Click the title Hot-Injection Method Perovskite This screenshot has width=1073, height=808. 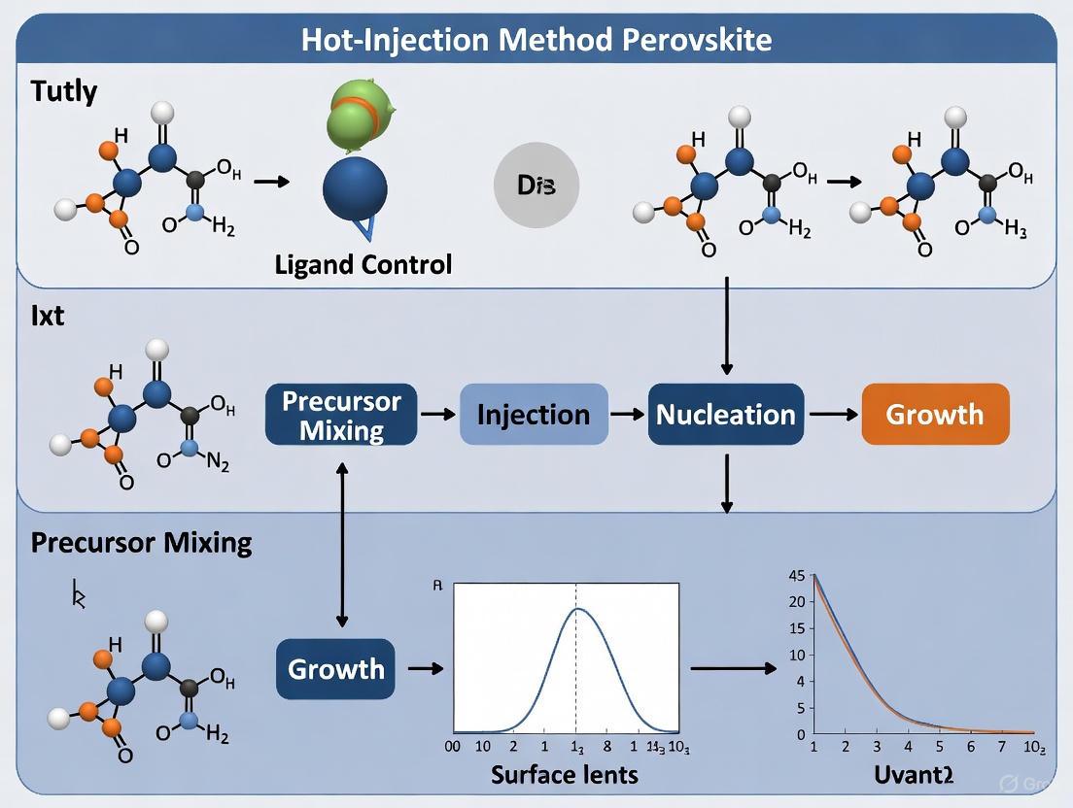click(x=536, y=40)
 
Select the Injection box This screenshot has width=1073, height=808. click(x=534, y=415)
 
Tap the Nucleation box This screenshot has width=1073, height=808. click(x=726, y=415)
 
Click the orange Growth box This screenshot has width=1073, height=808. click(x=935, y=415)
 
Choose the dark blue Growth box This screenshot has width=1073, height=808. click(x=335, y=669)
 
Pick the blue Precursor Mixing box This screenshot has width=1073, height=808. click(x=341, y=415)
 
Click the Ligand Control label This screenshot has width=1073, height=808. click(x=364, y=264)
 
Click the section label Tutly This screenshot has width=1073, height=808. click(x=64, y=92)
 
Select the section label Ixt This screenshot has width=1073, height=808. click(x=47, y=316)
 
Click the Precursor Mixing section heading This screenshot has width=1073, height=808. click(x=142, y=542)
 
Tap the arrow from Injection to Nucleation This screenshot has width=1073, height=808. click(x=628, y=415)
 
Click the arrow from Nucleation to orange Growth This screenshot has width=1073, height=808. click(x=833, y=415)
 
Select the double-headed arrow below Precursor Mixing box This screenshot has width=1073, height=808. click(x=341, y=544)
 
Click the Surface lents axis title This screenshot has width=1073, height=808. click(x=565, y=774)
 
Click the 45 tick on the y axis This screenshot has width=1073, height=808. click(x=796, y=576)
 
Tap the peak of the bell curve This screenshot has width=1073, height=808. click(x=577, y=609)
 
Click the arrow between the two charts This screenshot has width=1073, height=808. click(x=733, y=668)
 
